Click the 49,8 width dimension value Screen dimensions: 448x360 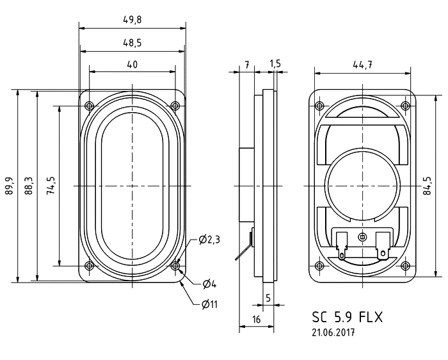(132, 20)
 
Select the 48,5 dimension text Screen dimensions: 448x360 (132, 43)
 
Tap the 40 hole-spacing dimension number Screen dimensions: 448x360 (132, 65)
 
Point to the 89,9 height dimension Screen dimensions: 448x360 (10, 186)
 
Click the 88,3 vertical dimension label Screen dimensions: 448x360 (29, 186)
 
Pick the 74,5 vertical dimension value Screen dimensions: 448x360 (51, 186)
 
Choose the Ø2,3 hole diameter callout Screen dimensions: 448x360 (209, 240)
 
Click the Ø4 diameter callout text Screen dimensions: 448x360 (209, 284)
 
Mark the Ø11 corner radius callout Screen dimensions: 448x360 (209, 304)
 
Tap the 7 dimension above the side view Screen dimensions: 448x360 (246, 64)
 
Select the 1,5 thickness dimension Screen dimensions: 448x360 (275, 64)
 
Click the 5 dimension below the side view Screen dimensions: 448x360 (268, 298)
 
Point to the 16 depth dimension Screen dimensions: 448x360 (257, 319)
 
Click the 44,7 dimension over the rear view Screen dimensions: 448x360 (363, 65)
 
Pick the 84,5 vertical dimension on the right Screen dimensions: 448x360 (427, 186)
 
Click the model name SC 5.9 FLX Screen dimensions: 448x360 (347, 317)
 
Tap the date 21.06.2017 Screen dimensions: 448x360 (333, 332)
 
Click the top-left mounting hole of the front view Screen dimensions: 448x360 (90, 106)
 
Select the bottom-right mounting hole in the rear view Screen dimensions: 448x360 (405, 266)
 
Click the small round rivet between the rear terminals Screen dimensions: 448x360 (363, 237)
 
